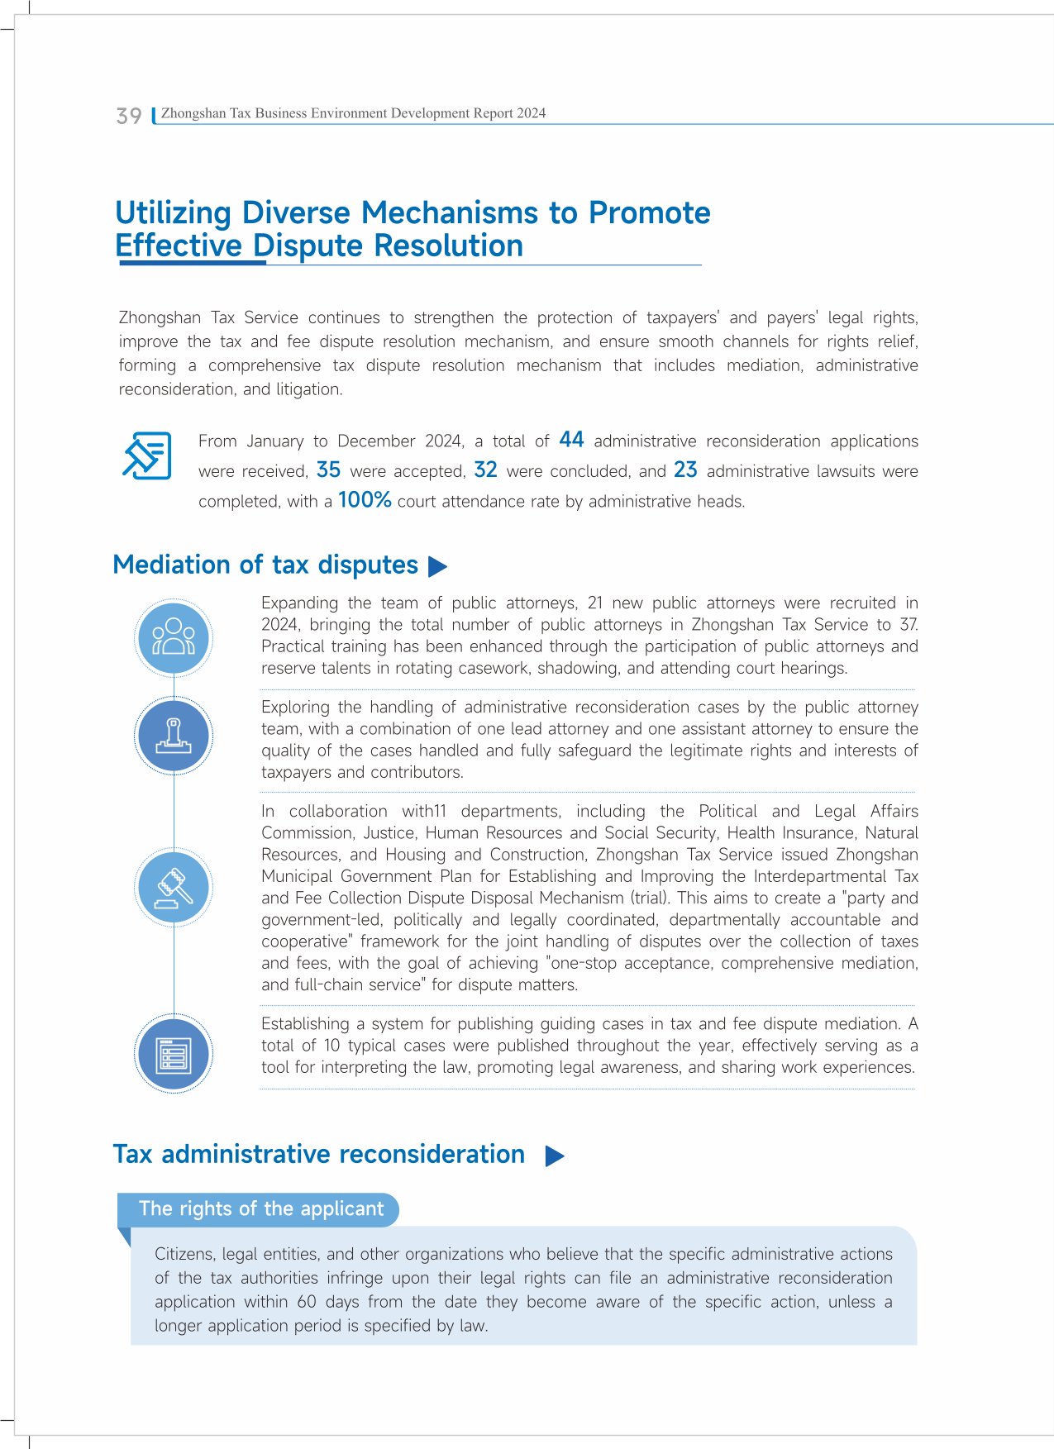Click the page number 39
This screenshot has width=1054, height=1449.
tap(129, 116)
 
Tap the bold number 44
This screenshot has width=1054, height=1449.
tap(571, 440)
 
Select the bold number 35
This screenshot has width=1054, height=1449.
tap(328, 469)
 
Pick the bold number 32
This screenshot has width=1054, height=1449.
tap(485, 469)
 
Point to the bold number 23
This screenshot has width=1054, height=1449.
tap(685, 469)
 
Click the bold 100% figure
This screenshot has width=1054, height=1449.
tap(365, 499)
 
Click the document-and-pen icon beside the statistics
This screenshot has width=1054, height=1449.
tap(147, 455)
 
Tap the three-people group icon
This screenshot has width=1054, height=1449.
tap(174, 638)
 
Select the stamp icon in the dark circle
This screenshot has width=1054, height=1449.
tap(174, 736)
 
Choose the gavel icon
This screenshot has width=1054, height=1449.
tap(174, 887)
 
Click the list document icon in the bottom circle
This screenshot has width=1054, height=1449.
tap(174, 1054)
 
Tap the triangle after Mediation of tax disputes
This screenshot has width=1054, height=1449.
tap(438, 566)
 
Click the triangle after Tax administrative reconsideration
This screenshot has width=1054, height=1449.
tap(556, 1156)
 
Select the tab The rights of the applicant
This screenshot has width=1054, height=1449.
tap(260, 1208)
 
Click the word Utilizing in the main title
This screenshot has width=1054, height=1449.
tap(174, 213)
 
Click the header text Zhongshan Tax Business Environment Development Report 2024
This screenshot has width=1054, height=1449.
tap(353, 113)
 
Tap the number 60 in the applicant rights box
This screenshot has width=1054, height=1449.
tap(307, 1301)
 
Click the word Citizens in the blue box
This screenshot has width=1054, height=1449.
tap(184, 1254)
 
